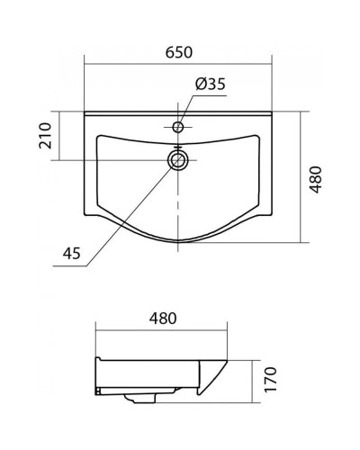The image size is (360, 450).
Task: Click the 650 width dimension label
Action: tap(179, 52)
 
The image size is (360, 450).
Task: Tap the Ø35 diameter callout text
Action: tap(211, 84)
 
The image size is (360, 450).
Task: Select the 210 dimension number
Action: tap(46, 136)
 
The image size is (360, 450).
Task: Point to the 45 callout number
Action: tap(72, 253)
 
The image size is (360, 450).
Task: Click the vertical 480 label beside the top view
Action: tap(316, 180)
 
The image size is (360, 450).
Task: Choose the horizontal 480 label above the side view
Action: tap(163, 319)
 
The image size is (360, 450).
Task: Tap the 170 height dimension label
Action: tap(270, 379)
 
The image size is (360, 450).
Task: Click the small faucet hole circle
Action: tap(178, 127)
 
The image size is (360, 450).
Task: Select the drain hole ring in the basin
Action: tap(178, 160)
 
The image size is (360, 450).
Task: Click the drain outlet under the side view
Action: tap(140, 398)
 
